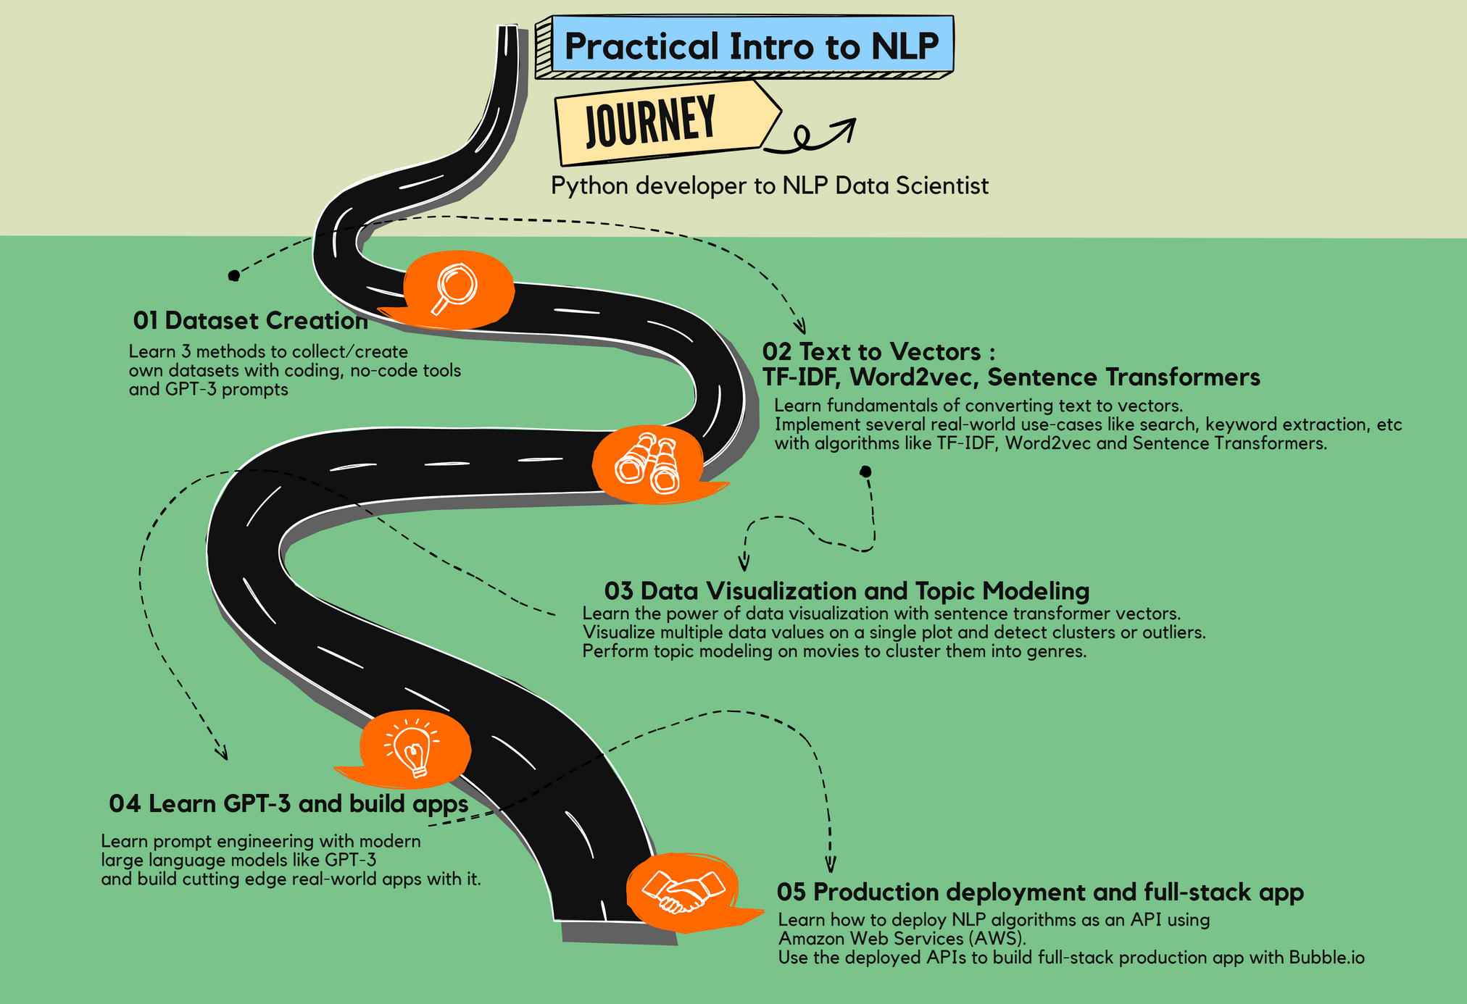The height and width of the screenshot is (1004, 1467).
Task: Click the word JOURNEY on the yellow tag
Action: [650, 121]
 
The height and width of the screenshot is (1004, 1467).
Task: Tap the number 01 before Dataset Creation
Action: [146, 321]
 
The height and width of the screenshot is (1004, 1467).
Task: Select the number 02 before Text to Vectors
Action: [776, 352]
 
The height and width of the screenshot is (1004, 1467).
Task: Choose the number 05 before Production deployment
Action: [791, 892]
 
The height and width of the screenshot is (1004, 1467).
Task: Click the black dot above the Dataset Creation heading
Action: [233, 275]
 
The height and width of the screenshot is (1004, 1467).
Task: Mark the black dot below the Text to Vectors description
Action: [865, 472]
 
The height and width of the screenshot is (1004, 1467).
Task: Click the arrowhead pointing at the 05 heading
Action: [831, 866]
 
